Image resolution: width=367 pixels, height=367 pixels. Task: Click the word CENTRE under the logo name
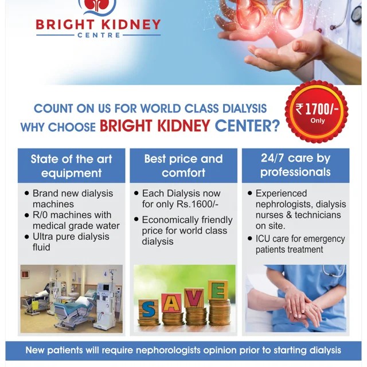(98, 36)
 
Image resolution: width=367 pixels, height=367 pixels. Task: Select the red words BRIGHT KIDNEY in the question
(154, 126)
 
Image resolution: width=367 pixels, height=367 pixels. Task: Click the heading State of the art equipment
(71, 165)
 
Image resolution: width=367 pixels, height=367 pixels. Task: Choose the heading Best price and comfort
(183, 165)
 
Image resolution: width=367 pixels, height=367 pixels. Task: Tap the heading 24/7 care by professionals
(295, 165)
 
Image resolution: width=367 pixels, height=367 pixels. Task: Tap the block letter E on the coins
(216, 290)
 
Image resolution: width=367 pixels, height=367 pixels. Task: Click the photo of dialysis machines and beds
(71, 298)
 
